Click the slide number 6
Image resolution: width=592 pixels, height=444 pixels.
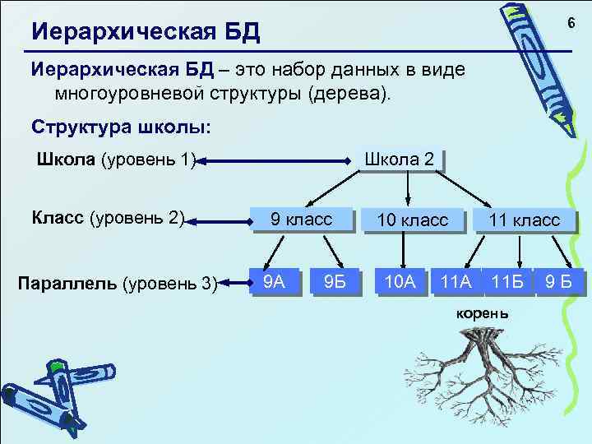pyautogui.click(x=567, y=25)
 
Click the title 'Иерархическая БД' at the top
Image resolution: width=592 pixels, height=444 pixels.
pyautogui.click(x=145, y=32)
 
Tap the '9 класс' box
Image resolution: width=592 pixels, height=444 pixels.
pyautogui.click(x=302, y=220)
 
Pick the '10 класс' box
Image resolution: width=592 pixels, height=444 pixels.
pyautogui.click(x=412, y=220)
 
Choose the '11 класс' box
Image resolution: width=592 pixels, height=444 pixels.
pyautogui.click(x=524, y=220)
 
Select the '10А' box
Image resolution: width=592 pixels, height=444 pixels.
pyautogui.click(x=400, y=283)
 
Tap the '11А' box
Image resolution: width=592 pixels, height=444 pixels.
pyautogui.click(x=456, y=283)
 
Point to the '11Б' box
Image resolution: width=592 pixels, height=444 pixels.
pyautogui.click(x=507, y=283)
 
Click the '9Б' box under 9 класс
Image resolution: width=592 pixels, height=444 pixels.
pyautogui.click(x=335, y=283)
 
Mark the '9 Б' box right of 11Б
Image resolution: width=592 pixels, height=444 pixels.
pyautogui.click(x=562, y=283)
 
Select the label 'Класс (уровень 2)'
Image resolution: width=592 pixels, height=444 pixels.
pyautogui.click(x=108, y=219)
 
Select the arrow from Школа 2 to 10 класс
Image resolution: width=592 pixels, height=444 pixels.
pyautogui.click(x=409, y=188)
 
